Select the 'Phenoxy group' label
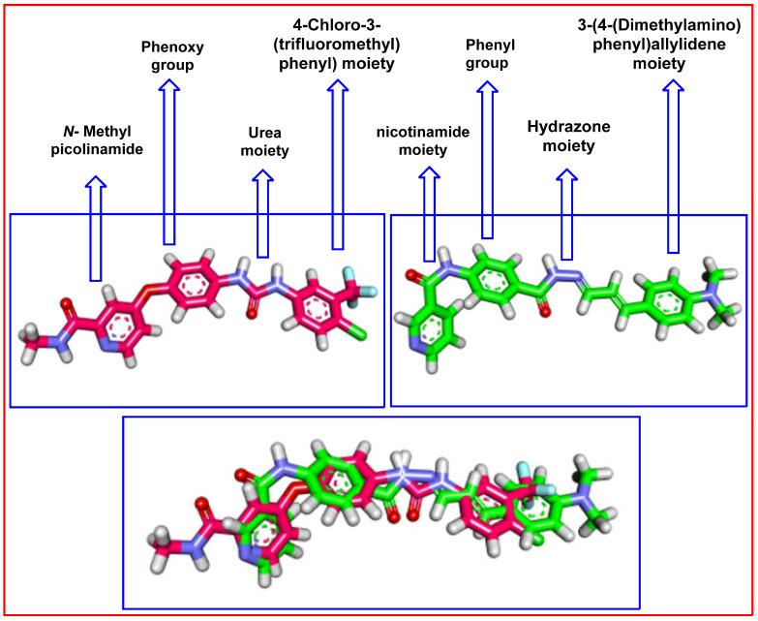pyautogui.click(x=169, y=54)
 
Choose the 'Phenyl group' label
pyautogui.click(x=488, y=54)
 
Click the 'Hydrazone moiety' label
pyautogui.click(x=565, y=137)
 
